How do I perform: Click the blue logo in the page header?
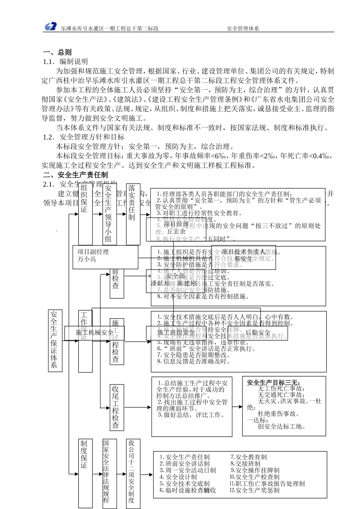coord(50,27)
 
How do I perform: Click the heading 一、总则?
coord(57,52)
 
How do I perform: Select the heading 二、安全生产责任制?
coord(75,175)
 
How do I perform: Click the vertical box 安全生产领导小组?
coord(109,214)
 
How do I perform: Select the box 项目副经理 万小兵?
coord(105,257)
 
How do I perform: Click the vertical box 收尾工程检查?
coord(116,407)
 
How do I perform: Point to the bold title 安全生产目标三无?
coord(273,383)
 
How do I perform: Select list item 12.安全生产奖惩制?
coord(254,490)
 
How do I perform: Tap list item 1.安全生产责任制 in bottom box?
coord(185,457)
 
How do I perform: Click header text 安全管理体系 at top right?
coord(243,28)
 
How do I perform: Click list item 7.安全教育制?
coord(249,457)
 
